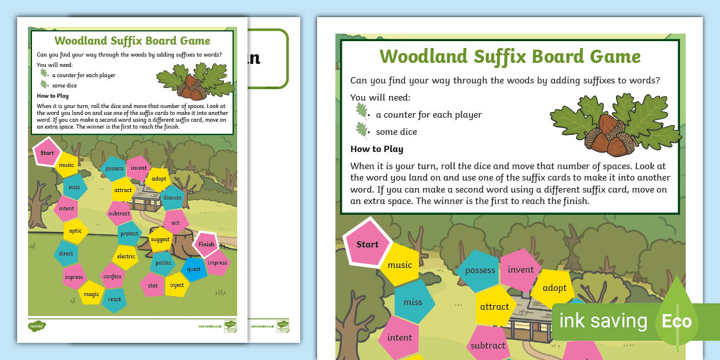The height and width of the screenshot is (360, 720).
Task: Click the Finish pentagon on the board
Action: (206, 244)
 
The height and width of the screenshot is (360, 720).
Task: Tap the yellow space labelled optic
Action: (75, 231)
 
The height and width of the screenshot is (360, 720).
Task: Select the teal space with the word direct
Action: (66, 253)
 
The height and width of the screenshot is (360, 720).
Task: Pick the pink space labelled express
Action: (74, 277)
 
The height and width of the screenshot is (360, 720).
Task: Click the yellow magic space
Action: (91, 294)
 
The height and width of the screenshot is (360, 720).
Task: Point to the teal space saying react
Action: (114, 299)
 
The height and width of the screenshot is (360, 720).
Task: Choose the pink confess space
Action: (113, 277)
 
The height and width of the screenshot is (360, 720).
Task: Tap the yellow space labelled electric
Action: (126, 257)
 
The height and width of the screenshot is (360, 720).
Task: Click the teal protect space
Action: (130, 234)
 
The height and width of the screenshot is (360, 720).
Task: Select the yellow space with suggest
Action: (160, 239)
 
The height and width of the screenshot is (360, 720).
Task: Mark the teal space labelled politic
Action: (163, 263)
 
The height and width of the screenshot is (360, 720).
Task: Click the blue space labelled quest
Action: (194, 269)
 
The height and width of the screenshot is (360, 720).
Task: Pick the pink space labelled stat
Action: (153, 285)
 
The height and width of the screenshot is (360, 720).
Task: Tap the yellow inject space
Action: (177, 285)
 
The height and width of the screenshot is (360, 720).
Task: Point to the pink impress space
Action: (217, 263)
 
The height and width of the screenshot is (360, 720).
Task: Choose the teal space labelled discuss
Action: (172, 198)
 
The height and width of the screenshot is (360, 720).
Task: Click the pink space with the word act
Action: (175, 223)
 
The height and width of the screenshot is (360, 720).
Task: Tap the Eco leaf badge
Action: (677, 321)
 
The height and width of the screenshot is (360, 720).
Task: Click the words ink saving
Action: (603, 321)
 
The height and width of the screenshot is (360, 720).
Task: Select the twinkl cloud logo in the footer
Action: (37, 326)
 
